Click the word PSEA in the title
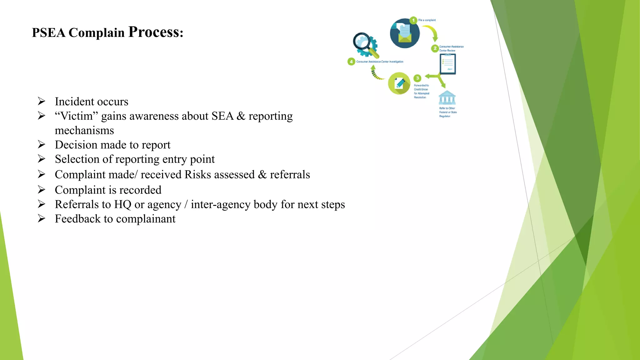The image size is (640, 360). [48, 33]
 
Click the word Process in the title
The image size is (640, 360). [154, 32]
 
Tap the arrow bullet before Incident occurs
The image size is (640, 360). [42, 101]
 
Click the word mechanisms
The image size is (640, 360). [84, 130]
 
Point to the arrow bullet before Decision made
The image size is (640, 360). [42, 144]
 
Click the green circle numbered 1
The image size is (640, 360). [413, 20]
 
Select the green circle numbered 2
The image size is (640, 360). [435, 48]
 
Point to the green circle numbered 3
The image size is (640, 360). [417, 78]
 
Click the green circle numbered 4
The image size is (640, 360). [351, 62]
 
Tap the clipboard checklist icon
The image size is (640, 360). [448, 64]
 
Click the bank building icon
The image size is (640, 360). [447, 98]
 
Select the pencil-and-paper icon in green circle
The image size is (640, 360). [399, 83]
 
